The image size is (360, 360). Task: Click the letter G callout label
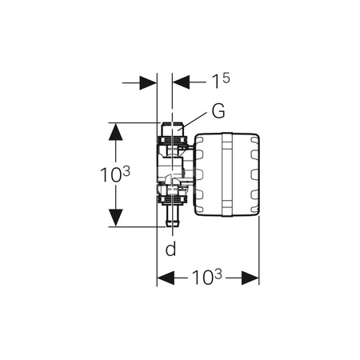218,111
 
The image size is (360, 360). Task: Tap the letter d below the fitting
170,249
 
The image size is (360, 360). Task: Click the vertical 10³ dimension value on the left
115,174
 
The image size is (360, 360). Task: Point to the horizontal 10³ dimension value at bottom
206,277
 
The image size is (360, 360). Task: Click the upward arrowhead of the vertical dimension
115,131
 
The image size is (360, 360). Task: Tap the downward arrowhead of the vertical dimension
115,218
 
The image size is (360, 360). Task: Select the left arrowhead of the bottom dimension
166,278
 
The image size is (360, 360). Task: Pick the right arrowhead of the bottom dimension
250,278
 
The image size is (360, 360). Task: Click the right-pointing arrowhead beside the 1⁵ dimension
148,82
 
